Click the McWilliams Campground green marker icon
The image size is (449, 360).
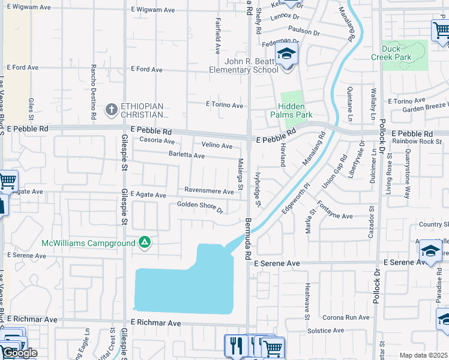[x=144, y=242]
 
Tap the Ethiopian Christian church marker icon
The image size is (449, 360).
[x=111, y=109]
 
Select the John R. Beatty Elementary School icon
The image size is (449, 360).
[x=287, y=55]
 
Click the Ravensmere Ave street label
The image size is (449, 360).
[x=209, y=191]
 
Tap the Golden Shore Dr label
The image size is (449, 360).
[x=200, y=208]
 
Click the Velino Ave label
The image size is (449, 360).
[x=217, y=146]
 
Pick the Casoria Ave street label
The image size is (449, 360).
[x=157, y=141]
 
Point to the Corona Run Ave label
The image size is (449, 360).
[x=346, y=317]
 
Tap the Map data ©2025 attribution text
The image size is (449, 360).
[x=424, y=356]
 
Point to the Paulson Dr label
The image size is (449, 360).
[x=304, y=31]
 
